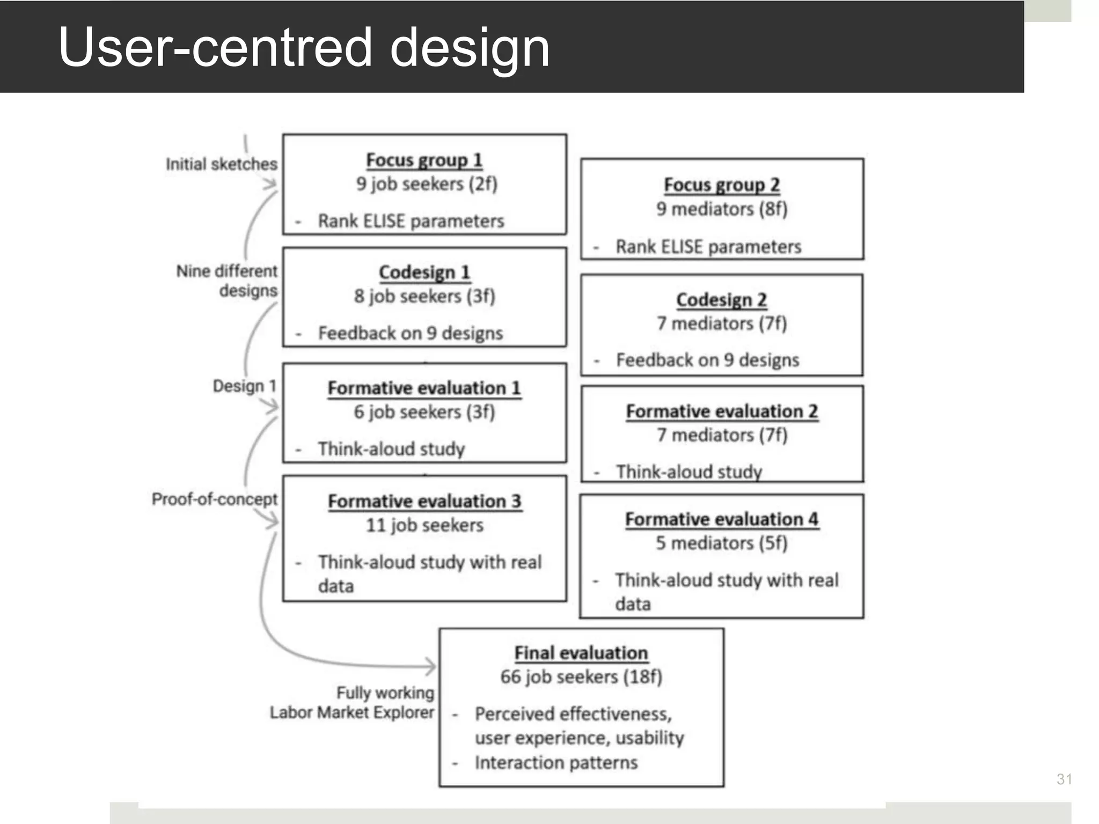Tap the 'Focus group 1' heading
click(x=424, y=160)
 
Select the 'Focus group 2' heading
click(x=722, y=185)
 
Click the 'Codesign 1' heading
click(x=424, y=272)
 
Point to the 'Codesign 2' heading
click(x=721, y=299)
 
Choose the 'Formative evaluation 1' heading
click(x=424, y=388)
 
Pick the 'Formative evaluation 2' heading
click(x=722, y=411)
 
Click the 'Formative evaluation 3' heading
click(x=424, y=501)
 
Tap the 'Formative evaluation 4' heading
click(x=722, y=519)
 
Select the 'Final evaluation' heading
click(x=581, y=653)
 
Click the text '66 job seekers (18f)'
click(x=581, y=676)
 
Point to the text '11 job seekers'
click(x=424, y=525)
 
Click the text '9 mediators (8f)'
click(x=722, y=209)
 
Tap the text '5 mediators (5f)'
click(x=722, y=543)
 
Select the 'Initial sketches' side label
click(x=221, y=164)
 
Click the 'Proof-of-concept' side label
click(x=214, y=499)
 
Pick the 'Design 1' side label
click(x=244, y=386)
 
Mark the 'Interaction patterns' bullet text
click(x=556, y=762)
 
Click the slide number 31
click(x=1064, y=779)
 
